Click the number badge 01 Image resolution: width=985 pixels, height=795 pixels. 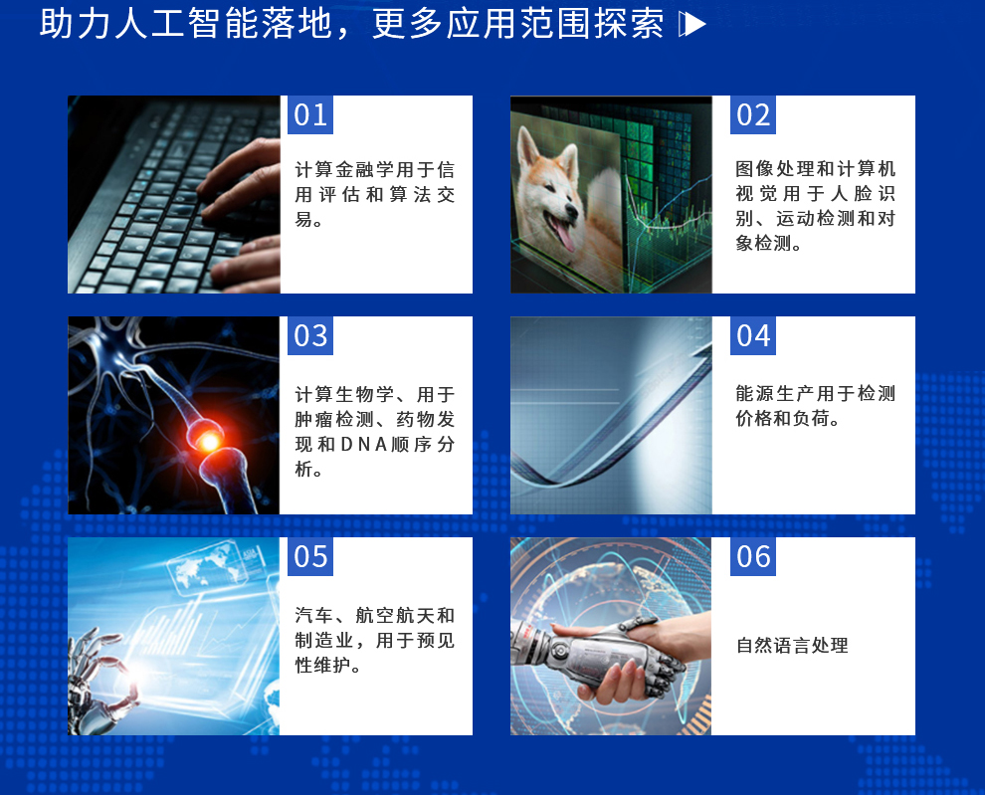click(310, 115)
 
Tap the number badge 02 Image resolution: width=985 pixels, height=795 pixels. click(752, 115)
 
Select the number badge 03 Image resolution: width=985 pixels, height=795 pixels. click(310, 335)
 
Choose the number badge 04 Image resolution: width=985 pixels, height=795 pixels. click(752, 335)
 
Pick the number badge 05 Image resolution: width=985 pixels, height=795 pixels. click(310, 557)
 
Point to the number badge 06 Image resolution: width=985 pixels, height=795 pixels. click(752, 557)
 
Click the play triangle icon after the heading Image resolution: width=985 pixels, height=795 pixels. click(692, 25)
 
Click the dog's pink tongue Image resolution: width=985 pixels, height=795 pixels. click(563, 235)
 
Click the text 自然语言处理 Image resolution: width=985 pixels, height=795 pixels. click(792, 646)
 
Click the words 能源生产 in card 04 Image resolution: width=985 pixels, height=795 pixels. click(774, 393)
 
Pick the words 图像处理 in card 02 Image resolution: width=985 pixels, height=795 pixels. click(774, 169)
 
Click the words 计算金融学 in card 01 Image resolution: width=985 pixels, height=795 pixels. click(344, 170)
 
